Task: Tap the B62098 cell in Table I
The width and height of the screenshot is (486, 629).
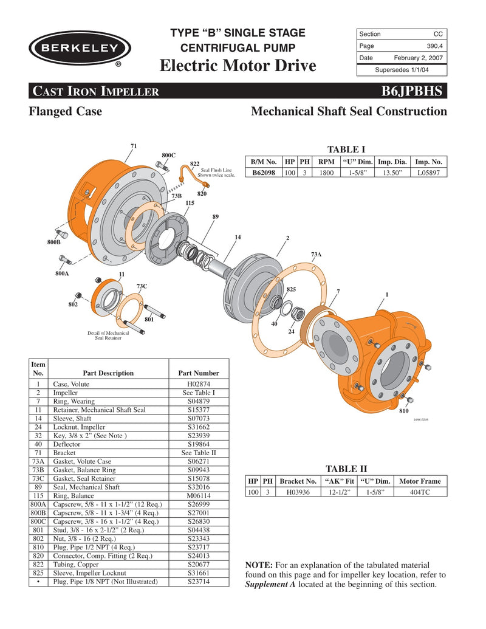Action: click(x=263, y=173)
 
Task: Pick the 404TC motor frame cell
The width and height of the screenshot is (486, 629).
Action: click(x=420, y=492)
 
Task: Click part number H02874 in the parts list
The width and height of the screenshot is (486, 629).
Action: click(x=198, y=384)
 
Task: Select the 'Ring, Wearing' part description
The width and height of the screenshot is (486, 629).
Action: click(x=74, y=402)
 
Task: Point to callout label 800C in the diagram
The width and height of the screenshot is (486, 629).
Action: click(x=168, y=156)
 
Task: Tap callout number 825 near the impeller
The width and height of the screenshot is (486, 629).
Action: click(x=291, y=290)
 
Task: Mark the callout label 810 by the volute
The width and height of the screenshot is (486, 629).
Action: click(x=403, y=411)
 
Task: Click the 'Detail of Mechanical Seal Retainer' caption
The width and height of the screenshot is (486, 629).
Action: click(x=108, y=335)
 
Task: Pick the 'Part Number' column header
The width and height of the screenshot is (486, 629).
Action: click(x=198, y=373)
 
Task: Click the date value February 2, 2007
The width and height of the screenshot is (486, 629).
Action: click(x=418, y=58)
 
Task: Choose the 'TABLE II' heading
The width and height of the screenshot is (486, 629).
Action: click(x=346, y=469)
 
